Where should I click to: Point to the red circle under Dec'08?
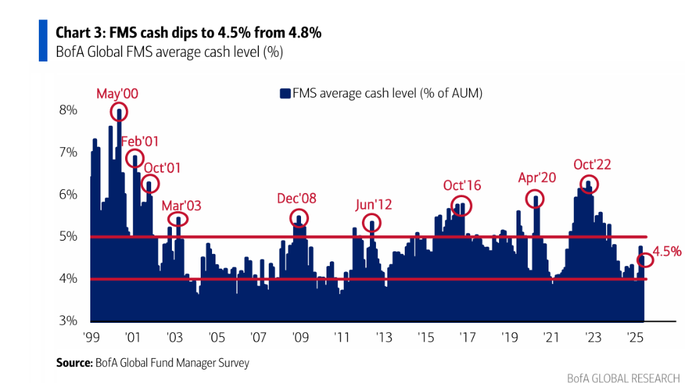click(x=299, y=218)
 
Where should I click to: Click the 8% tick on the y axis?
click(x=70, y=110)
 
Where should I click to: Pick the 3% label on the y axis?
click(x=70, y=320)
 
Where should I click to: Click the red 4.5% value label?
click(x=668, y=251)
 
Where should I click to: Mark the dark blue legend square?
click(x=285, y=94)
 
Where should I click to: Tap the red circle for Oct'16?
click(x=462, y=206)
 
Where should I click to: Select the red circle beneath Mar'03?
click(x=178, y=219)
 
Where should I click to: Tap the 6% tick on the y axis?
click(x=70, y=195)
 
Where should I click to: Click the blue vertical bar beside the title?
click(x=43, y=41)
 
